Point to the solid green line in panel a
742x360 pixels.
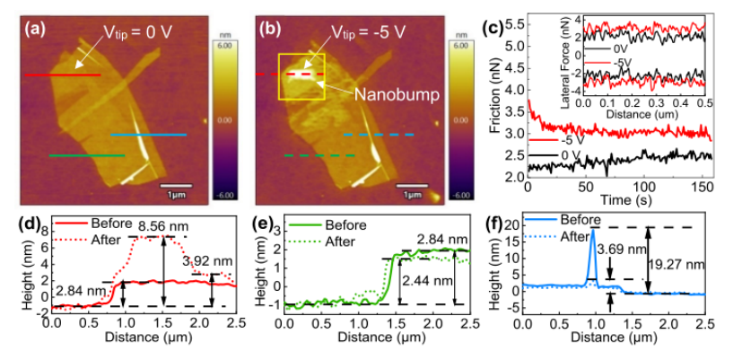pos(86,155)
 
